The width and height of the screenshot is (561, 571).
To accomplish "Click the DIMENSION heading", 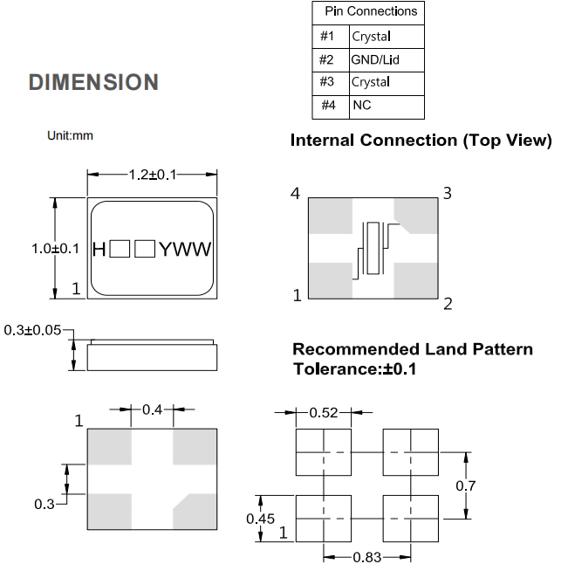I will click(x=94, y=83).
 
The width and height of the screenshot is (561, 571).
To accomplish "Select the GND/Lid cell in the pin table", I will click(x=374, y=60).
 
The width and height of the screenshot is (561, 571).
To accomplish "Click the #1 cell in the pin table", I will click(x=327, y=37).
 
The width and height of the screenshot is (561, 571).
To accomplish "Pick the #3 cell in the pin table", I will click(x=327, y=83).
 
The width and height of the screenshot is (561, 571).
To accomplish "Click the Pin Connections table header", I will click(x=370, y=12).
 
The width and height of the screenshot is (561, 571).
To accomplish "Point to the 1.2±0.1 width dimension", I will click(x=153, y=175).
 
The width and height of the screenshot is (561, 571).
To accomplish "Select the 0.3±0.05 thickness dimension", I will click(x=33, y=331).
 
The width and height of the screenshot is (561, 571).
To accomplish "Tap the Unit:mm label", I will click(x=70, y=135).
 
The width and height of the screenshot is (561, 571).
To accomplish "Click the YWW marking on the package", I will click(x=186, y=250).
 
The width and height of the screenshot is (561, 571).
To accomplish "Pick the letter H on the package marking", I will click(x=99, y=250).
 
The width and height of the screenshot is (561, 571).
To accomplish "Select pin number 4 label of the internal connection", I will click(x=296, y=194).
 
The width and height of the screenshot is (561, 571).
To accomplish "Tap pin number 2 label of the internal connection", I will click(x=448, y=304).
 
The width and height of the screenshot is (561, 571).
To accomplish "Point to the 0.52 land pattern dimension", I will click(x=324, y=412).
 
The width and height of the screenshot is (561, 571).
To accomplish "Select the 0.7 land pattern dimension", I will click(x=468, y=485).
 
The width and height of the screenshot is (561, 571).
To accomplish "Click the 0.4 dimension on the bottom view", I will click(x=152, y=410).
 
